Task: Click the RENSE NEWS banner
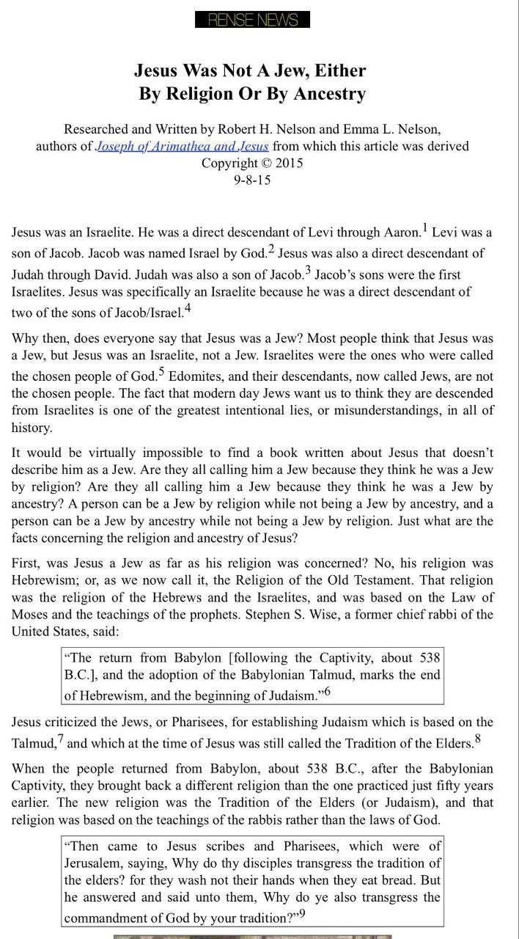tap(252, 20)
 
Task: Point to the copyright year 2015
tap(289, 162)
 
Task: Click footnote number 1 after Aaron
tap(425, 228)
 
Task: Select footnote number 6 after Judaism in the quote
tap(327, 691)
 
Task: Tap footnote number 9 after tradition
tap(301, 914)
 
